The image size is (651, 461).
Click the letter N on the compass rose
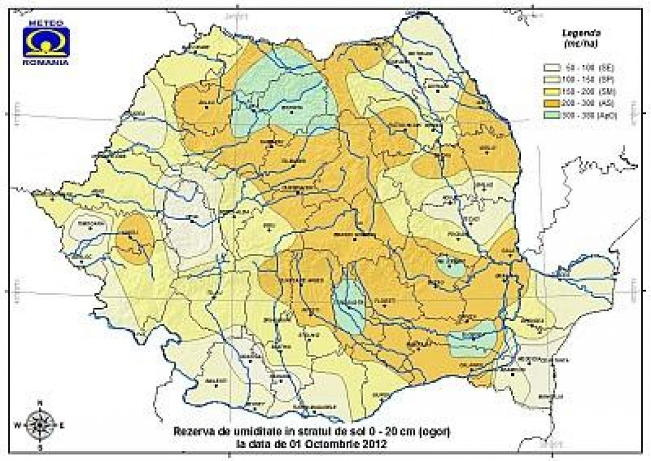click(x=40, y=403)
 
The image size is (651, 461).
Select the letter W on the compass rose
click(x=17, y=424)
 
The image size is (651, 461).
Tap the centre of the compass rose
click(x=40, y=424)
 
